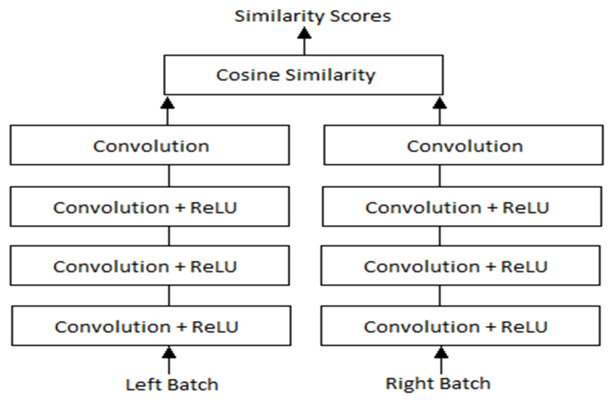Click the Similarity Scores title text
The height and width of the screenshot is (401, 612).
(x=313, y=16)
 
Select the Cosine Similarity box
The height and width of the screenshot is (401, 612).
(x=304, y=75)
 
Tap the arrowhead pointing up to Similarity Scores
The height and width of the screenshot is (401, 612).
(x=304, y=33)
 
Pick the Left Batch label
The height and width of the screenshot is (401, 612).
(x=172, y=385)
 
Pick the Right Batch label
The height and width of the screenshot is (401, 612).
(x=438, y=383)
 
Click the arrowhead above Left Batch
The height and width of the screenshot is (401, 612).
(x=169, y=353)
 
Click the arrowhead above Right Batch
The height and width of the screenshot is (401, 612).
(x=441, y=353)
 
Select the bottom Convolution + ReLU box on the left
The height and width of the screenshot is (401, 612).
(x=151, y=326)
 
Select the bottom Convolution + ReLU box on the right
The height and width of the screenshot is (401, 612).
(x=461, y=326)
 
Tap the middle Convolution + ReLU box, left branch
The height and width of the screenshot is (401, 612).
(x=150, y=266)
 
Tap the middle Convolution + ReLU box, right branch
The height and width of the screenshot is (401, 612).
(x=461, y=266)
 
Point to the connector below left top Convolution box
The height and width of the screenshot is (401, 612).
(x=169, y=176)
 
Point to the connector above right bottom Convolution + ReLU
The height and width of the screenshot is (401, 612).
(x=440, y=296)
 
